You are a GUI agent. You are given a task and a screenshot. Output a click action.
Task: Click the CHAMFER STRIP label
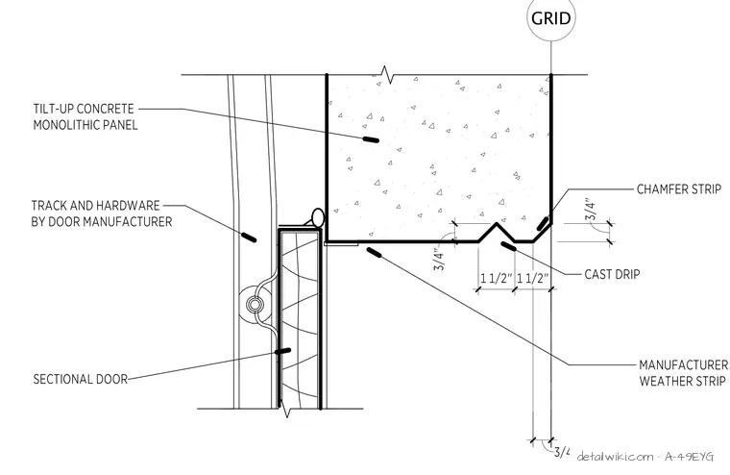[679, 189]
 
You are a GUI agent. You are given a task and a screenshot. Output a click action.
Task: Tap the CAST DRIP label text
[612, 274]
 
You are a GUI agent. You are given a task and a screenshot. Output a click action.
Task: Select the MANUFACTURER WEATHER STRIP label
[683, 372]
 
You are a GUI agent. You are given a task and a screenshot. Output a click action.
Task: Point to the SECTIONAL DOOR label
[80, 379]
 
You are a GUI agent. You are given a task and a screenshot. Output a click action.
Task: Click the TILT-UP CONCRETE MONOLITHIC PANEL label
[85, 116]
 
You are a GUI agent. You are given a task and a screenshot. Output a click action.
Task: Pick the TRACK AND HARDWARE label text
[102, 213]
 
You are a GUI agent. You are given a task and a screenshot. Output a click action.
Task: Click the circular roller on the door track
[255, 305]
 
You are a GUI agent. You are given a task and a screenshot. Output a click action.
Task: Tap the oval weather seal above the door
[318, 217]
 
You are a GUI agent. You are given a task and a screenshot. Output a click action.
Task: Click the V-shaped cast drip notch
[497, 232]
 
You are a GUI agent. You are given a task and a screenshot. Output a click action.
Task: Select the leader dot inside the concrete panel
[371, 139]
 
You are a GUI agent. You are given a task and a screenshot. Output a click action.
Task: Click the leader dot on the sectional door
[282, 351]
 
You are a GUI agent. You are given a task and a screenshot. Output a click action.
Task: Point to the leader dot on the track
[249, 237]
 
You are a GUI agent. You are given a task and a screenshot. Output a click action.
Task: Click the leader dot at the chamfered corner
[543, 224]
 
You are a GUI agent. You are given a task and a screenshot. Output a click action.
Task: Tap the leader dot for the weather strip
[374, 253]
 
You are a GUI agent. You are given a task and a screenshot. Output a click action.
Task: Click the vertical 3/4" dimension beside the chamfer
[591, 211]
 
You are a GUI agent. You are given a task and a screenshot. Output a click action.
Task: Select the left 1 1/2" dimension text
[497, 278]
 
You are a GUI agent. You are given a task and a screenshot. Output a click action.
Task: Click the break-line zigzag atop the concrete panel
[385, 74]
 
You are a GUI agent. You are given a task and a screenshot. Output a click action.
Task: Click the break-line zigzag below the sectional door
[286, 409]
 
